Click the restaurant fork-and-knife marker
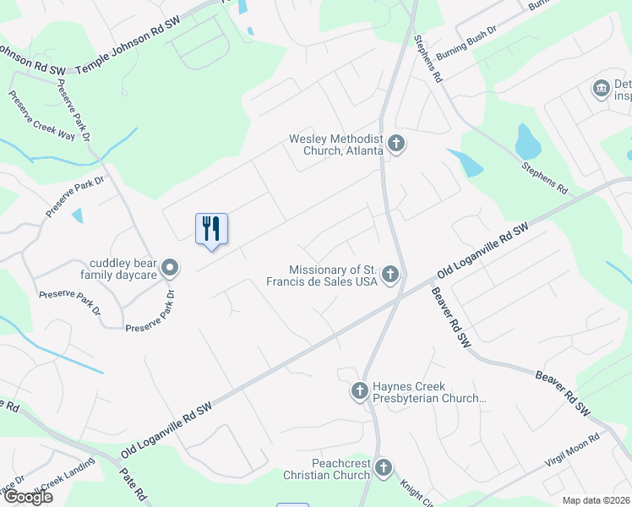coord(211,229)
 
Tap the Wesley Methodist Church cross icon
coord(396,144)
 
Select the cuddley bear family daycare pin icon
coord(170,268)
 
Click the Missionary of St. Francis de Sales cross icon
coord(390,274)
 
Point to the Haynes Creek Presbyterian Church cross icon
coord(359,390)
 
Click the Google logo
coord(27,497)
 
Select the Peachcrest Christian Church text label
coord(329,469)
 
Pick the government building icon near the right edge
coord(602,88)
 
